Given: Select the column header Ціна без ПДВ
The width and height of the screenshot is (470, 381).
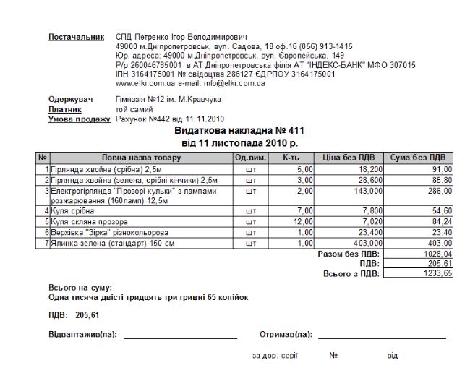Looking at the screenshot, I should pos(349,157).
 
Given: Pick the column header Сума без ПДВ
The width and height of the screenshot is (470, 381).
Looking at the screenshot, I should pos(417,157).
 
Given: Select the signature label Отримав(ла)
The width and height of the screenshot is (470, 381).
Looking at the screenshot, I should pos(285,335).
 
